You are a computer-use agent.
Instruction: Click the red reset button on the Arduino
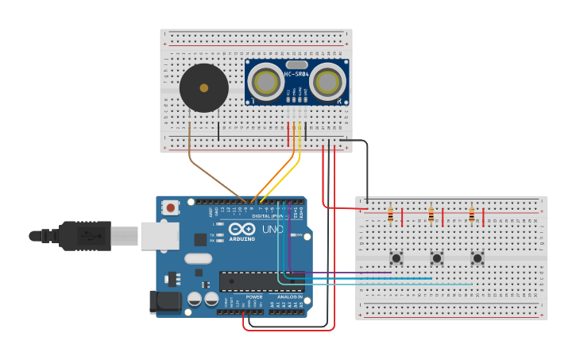pyautogui.click(x=170, y=207)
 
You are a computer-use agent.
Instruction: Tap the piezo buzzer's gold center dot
pyautogui.click(x=203, y=88)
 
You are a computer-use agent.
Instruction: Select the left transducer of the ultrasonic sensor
pyautogui.click(x=265, y=82)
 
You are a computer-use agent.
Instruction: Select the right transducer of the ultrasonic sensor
pyautogui.click(x=327, y=81)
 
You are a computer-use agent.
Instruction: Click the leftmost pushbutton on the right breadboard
pyautogui.click(x=396, y=257)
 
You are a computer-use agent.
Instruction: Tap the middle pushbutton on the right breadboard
pyautogui.click(x=436, y=257)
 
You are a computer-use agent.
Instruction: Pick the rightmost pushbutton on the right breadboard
pyautogui.click(x=477, y=257)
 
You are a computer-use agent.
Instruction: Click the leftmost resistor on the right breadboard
pyautogui.click(x=390, y=215)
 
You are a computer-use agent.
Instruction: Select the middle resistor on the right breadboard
pyautogui.click(x=431, y=215)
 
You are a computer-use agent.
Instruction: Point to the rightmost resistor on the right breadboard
pyautogui.click(x=471, y=215)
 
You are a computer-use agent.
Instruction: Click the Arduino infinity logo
pyautogui.click(x=242, y=230)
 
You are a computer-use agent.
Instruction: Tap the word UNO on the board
pyautogui.click(x=273, y=229)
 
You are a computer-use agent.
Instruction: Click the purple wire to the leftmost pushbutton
pyautogui.click(x=342, y=273)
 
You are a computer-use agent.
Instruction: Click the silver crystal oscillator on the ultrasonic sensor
pyautogui.click(x=296, y=64)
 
